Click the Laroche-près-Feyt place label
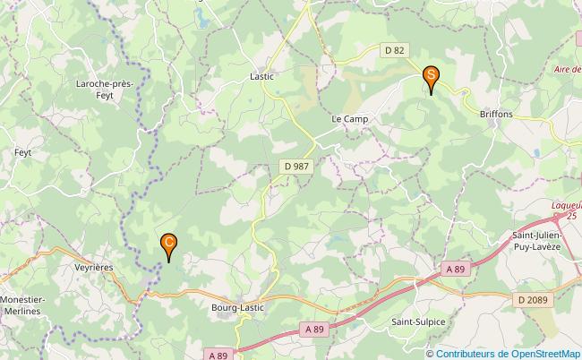click(x=106, y=90)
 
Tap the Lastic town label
click(x=261, y=77)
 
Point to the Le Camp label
click(x=350, y=118)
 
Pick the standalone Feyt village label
click(x=23, y=153)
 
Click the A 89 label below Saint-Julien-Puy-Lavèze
click(x=456, y=269)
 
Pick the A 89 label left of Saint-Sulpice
click(x=314, y=330)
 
